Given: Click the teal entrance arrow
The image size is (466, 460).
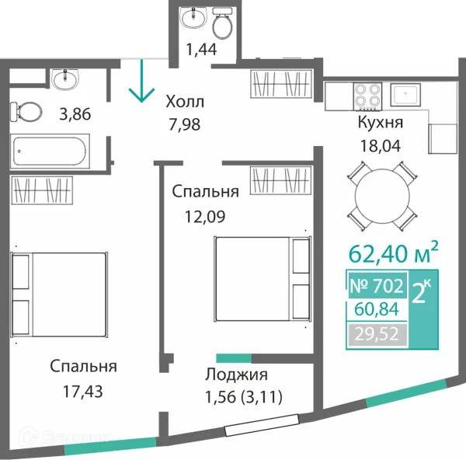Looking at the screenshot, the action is point(141,81).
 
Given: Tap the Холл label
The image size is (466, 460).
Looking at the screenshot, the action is point(185,102).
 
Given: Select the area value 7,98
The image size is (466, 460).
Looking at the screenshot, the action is point(185,124).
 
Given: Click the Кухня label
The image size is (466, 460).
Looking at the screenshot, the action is point(381,122).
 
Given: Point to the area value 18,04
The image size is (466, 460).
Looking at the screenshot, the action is point(381,146).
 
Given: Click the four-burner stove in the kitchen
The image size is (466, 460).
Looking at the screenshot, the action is point(367,96).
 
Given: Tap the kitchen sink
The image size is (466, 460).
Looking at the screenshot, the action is point(405,95).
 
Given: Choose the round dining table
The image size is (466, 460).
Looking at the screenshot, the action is point(382,196).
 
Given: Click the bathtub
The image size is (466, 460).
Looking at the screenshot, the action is point(50,152).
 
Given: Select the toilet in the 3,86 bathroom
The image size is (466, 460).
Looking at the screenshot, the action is point(26,112).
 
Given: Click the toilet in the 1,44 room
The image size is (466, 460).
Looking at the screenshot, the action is point(222,23).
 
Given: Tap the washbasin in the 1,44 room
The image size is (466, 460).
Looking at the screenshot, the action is point(193,17).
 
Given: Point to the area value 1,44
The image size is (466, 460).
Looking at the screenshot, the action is point(201,50).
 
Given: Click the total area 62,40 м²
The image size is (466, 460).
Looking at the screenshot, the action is point(393,253).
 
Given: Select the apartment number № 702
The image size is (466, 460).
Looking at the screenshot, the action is point(377,285).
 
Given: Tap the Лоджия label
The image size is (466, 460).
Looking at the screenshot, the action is point(236,375).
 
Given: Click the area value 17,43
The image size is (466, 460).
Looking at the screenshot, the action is point(82,392).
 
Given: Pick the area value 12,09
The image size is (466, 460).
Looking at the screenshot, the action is point(205,217).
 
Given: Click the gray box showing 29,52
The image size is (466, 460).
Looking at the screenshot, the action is point(377,334).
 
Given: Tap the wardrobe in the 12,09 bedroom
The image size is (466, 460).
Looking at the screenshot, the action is point(281,180).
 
